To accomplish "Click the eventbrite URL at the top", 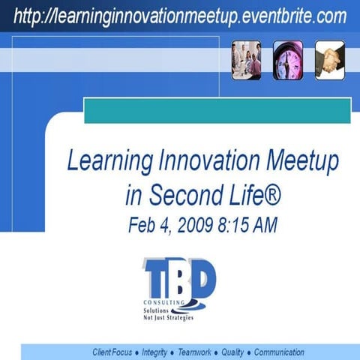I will coord(180,15).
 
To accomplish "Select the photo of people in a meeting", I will coord(247,60).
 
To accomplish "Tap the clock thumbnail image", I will coord(288,60).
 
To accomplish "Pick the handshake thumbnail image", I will coord(329,60).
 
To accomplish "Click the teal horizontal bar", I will coord(217,110).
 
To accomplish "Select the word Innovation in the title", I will coord(202,161).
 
